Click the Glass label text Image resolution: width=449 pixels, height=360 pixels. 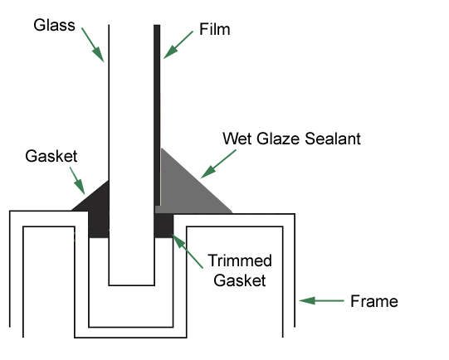point(54,25)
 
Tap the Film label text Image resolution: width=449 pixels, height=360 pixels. point(214,29)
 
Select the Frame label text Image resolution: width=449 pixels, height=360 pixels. point(374,301)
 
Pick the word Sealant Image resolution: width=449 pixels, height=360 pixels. point(333,139)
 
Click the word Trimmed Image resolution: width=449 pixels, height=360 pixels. point(240,260)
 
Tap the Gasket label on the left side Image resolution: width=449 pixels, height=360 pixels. point(51,156)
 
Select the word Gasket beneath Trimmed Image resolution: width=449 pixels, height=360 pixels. point(240,280)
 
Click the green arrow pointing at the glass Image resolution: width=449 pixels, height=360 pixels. point(93,45)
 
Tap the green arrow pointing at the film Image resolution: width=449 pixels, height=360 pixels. point(178,45)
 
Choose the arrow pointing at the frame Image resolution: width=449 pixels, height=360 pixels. point(321,301)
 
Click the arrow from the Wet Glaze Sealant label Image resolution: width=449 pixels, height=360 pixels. point(218,164)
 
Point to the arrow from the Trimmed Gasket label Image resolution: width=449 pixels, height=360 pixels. point(188,251)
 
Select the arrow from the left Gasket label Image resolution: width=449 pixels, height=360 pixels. point(78,181)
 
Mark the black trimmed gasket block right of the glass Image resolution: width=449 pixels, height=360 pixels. point(163,226)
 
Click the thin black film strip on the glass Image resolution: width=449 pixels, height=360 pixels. point(157,115)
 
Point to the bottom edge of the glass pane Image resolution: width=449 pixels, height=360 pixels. point(132,285)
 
